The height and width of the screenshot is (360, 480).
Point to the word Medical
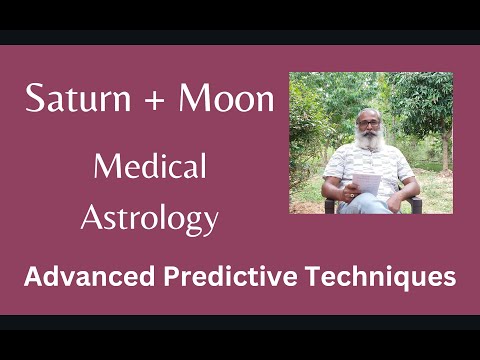(150, 166)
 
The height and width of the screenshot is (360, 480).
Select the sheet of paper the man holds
(367, 184)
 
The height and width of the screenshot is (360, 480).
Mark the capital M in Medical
(104, 166)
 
